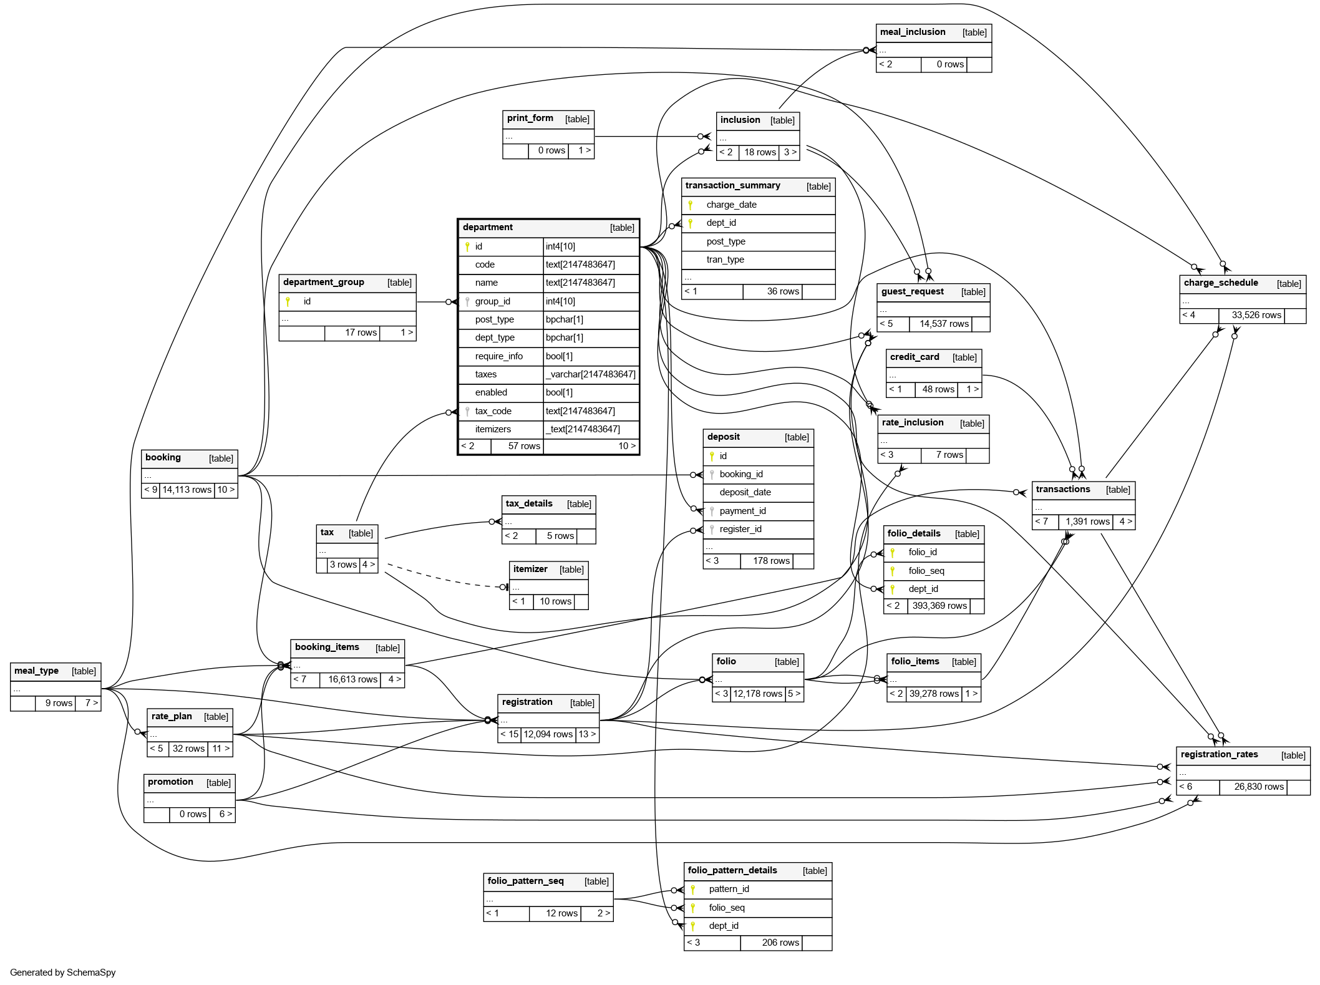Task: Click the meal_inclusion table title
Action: click(913, 32)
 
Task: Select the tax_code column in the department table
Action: click(493, 411)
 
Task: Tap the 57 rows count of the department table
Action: click(524, 446)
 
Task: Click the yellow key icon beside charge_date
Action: click(691, 205)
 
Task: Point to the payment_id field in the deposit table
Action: click(742, 511)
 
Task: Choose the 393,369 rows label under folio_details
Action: click(939, 606)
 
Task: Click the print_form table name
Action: click(530, 119)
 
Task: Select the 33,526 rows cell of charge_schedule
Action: click(1256, 315)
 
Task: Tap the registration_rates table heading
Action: click(1219, 755)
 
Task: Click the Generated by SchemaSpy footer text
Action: click(63, 973)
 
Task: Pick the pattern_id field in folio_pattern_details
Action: click(729, 889)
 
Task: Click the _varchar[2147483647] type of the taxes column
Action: click(590, 374)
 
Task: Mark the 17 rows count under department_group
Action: click(361, 332)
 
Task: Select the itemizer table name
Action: click(530, 570)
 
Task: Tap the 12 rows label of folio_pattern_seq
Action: click(561, 913)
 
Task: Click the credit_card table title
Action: click(915, 357)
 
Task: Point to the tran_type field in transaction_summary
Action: click(725, 260)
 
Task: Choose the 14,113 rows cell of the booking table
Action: click(187, 490)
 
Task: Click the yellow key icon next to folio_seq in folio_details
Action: click(893, 571)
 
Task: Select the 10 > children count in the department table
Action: click(626, 446)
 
